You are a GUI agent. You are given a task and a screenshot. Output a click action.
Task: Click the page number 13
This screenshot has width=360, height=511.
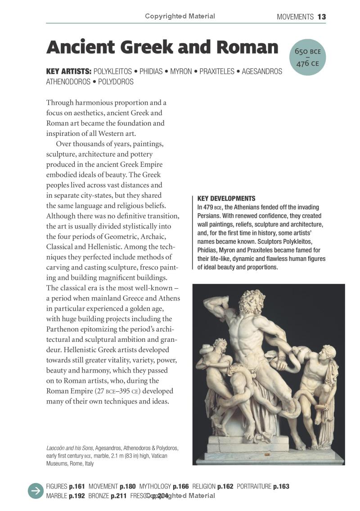coord(321,17)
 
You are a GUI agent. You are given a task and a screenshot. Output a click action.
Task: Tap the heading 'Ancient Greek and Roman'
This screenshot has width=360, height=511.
coord(162,47)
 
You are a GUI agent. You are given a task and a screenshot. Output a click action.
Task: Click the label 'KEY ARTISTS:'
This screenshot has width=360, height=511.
coord(69,72)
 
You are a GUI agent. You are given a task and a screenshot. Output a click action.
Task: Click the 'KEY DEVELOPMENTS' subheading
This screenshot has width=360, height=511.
coord(226,198)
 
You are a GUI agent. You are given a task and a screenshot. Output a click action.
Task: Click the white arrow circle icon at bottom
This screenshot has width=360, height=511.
coord(35,491)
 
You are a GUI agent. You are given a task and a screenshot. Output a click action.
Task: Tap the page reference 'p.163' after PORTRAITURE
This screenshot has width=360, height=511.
coord(281,486)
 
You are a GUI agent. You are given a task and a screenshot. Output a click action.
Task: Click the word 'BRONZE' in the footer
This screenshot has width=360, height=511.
coord(99,496)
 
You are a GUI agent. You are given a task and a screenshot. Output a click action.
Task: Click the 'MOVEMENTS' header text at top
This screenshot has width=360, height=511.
coord(295,17)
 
